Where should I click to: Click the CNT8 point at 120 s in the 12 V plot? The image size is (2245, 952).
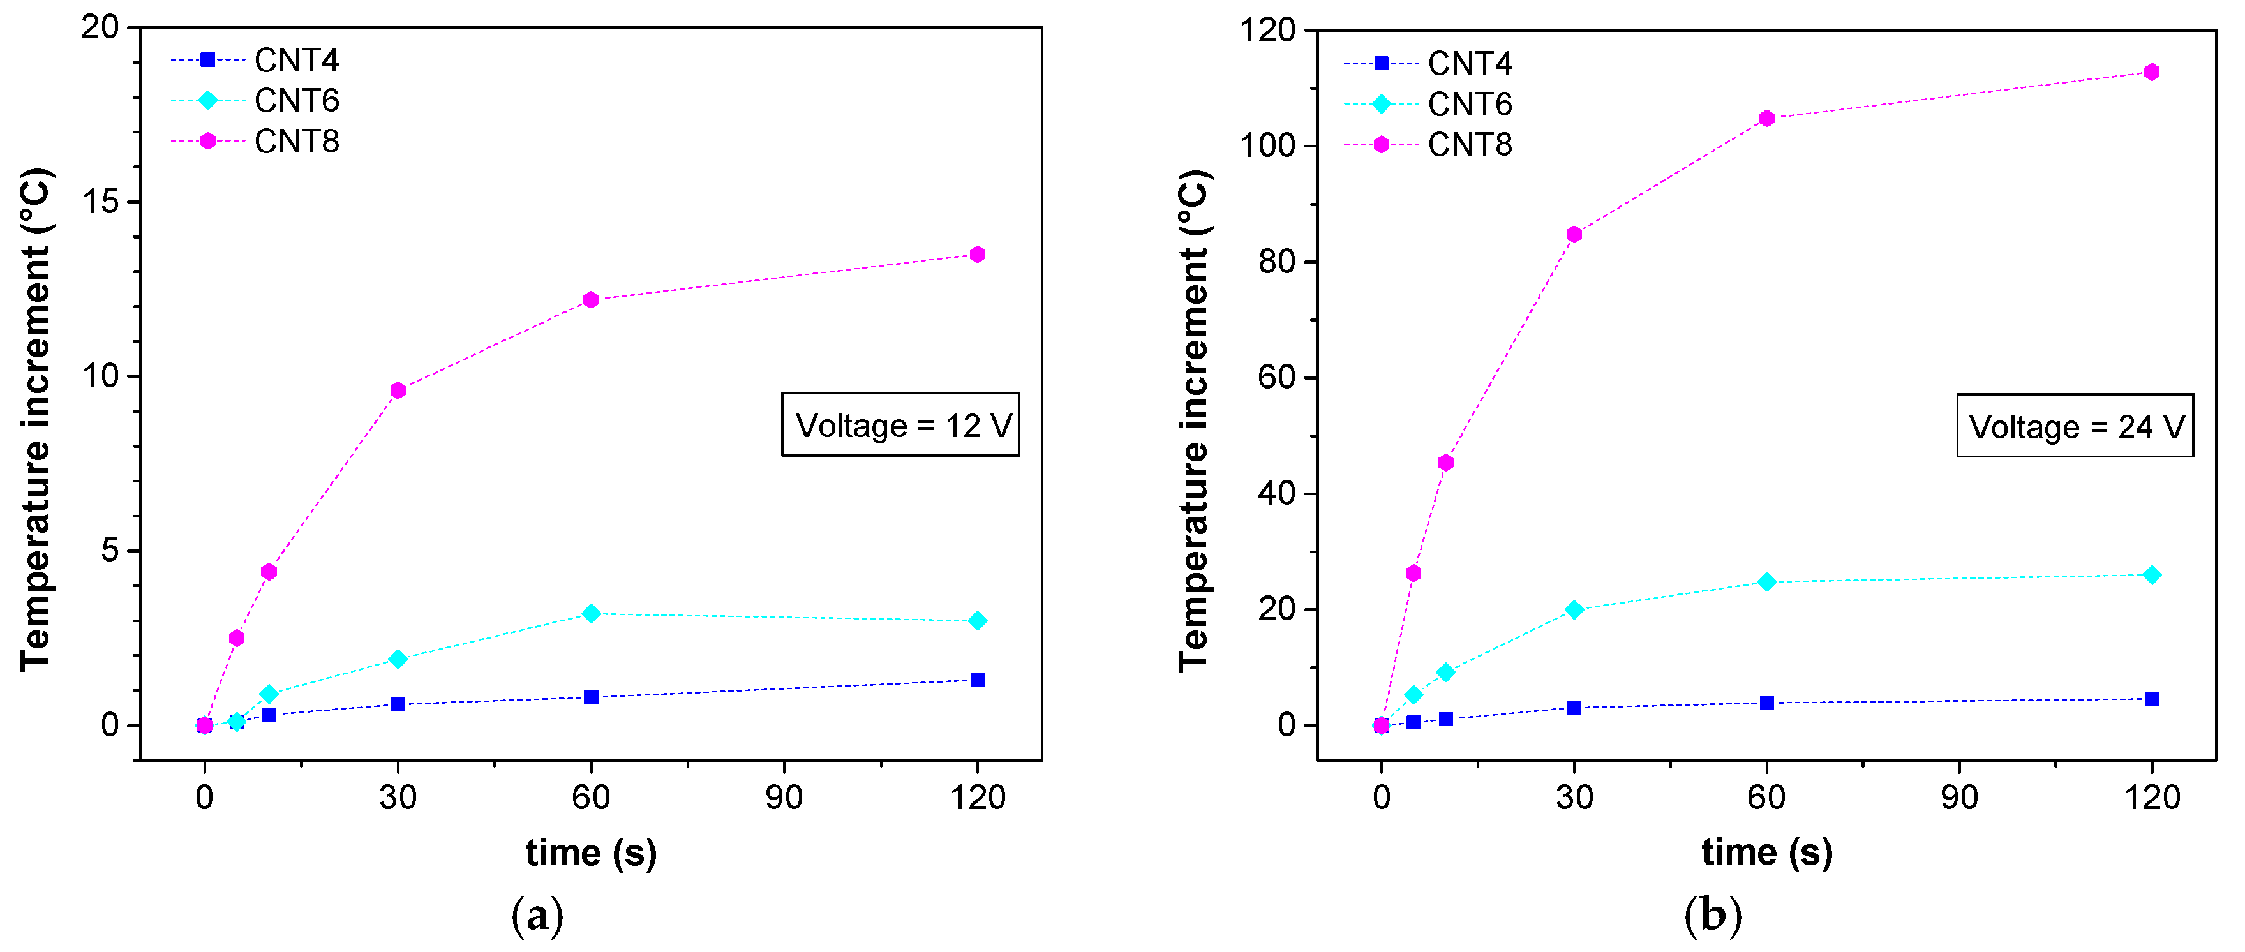[x=977, y=255]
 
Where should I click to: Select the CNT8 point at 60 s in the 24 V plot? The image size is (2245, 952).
[x=1766, y=119]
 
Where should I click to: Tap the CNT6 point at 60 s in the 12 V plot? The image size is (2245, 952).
[x=591, y=614]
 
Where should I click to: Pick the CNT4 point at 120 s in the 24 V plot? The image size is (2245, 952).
[x=2152, y=698]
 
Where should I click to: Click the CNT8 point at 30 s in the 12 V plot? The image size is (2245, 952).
[x=398, y=390]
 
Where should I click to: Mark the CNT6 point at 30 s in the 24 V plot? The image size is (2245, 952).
[x=1574, y=609]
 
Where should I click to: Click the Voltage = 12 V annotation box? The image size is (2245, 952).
[x=900, y=424]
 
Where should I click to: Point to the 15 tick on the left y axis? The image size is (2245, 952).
[x=100, y=202]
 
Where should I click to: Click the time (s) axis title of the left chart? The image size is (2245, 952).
[x=591, y=852]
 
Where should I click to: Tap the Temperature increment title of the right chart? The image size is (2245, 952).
[x=1194, y=420]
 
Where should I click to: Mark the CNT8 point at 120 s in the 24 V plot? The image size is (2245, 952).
[x=2152, y=72]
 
